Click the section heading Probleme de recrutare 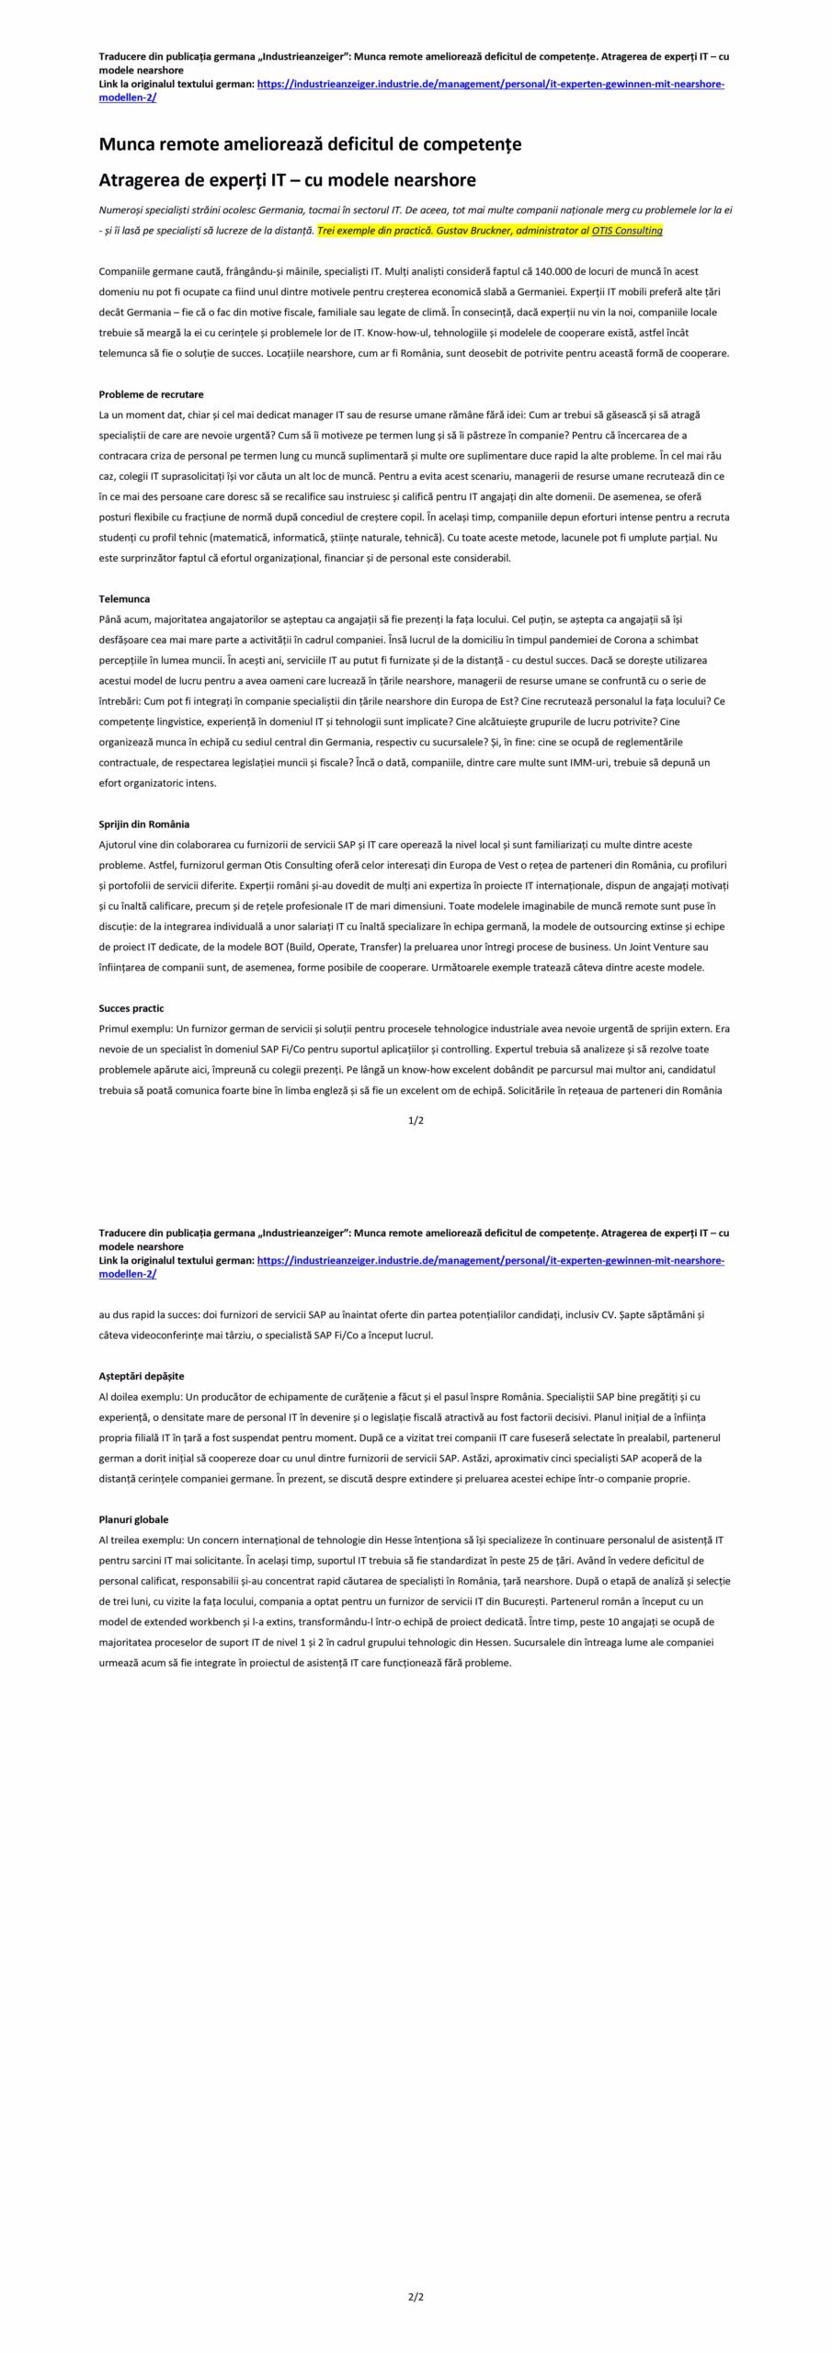(x=151, y=394)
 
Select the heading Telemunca (x=124, y=598)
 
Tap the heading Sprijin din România (x=143, y=824)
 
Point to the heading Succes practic (x=131, y=1008)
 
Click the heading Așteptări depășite (x=142, y=1376)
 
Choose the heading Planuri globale (x=133, y=1519)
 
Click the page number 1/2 (x=416, y=1120)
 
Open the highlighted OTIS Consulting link (x=626, y=231)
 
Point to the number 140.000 (x=551, y=271)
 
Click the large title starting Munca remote (x=310, y=144)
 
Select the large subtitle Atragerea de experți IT (x=287, y=179)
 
